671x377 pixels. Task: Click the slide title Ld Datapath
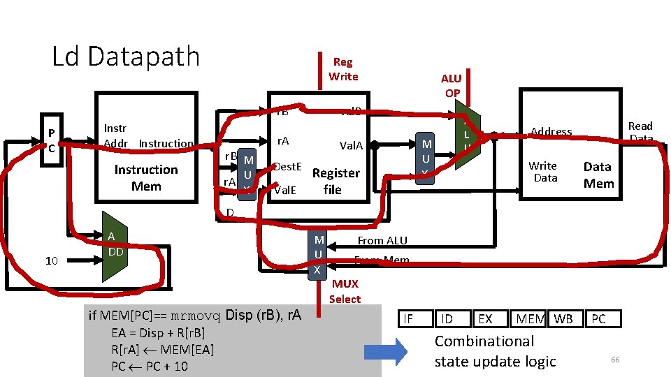[126, 57]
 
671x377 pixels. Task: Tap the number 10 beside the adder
[51, 260]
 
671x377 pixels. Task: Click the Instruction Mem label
[146, 178]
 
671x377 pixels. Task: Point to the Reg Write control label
[342, 69]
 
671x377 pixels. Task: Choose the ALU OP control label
[451, 85]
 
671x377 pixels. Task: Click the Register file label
[335, 181]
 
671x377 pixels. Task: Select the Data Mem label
[598, 175]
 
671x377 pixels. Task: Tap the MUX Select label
[345, 291]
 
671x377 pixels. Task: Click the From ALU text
[382, 240]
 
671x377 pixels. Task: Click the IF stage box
[409, 319]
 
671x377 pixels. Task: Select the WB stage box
[563, 319]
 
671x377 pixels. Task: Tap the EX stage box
[484, 319]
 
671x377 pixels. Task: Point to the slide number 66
[615, 359]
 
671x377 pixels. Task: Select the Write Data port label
[543, 172]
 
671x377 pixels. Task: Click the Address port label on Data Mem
[551, 131]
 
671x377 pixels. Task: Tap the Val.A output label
[351, 145]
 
